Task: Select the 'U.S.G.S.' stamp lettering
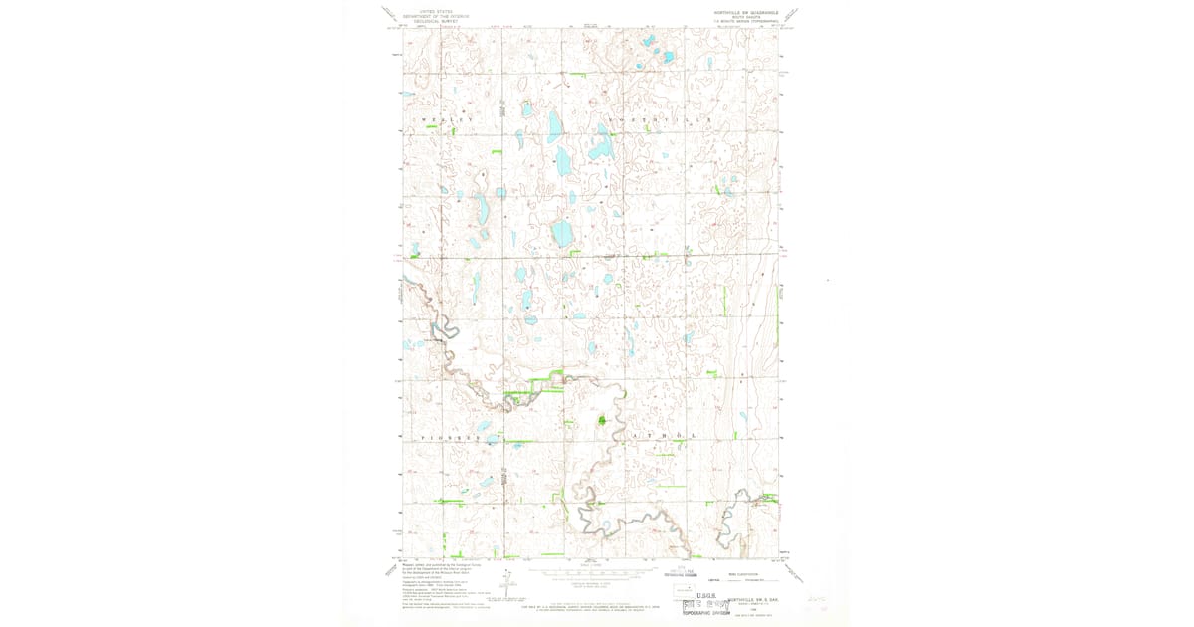[710, 595]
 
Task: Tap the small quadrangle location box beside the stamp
[686, 590]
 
